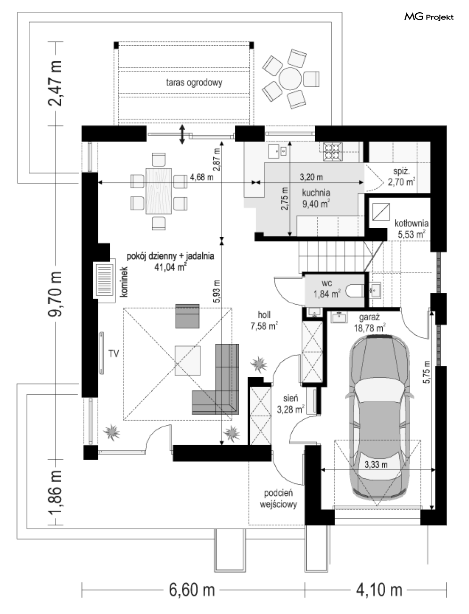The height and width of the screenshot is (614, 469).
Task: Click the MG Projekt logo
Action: (429, 17)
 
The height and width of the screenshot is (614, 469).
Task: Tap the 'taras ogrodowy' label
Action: (194, 83)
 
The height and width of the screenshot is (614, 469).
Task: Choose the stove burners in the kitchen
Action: (332, 150)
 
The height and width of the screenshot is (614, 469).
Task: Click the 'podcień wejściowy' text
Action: (279, 499)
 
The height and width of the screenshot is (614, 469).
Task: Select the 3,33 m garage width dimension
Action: (376, 465)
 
